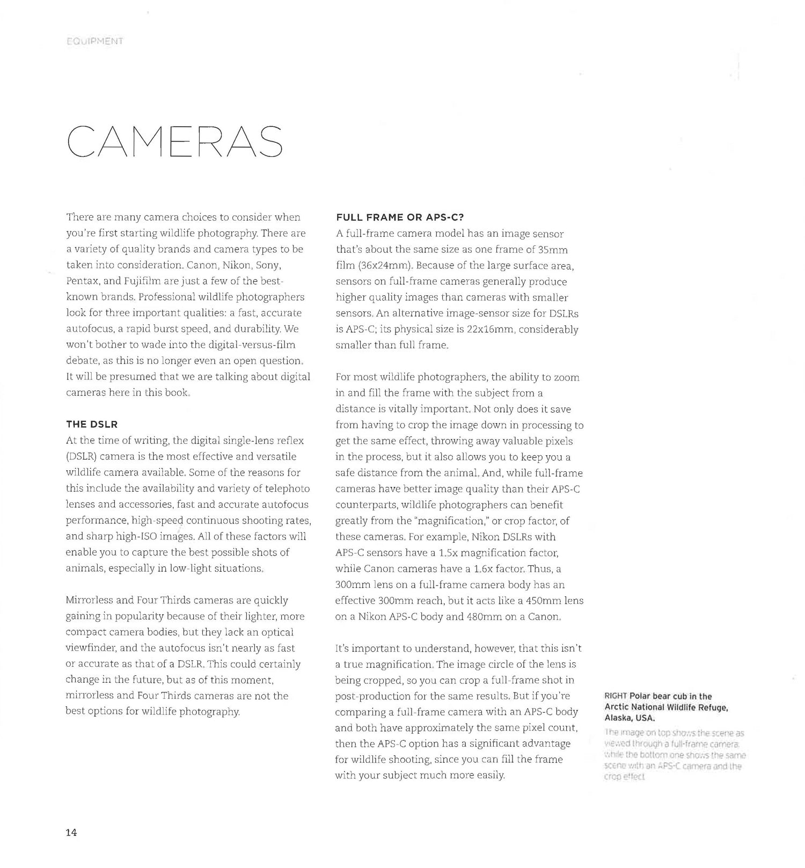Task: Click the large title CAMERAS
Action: [175, 142]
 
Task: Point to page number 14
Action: [71, 833]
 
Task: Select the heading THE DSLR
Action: [92, 424]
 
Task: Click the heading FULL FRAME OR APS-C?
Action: [400, 217]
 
